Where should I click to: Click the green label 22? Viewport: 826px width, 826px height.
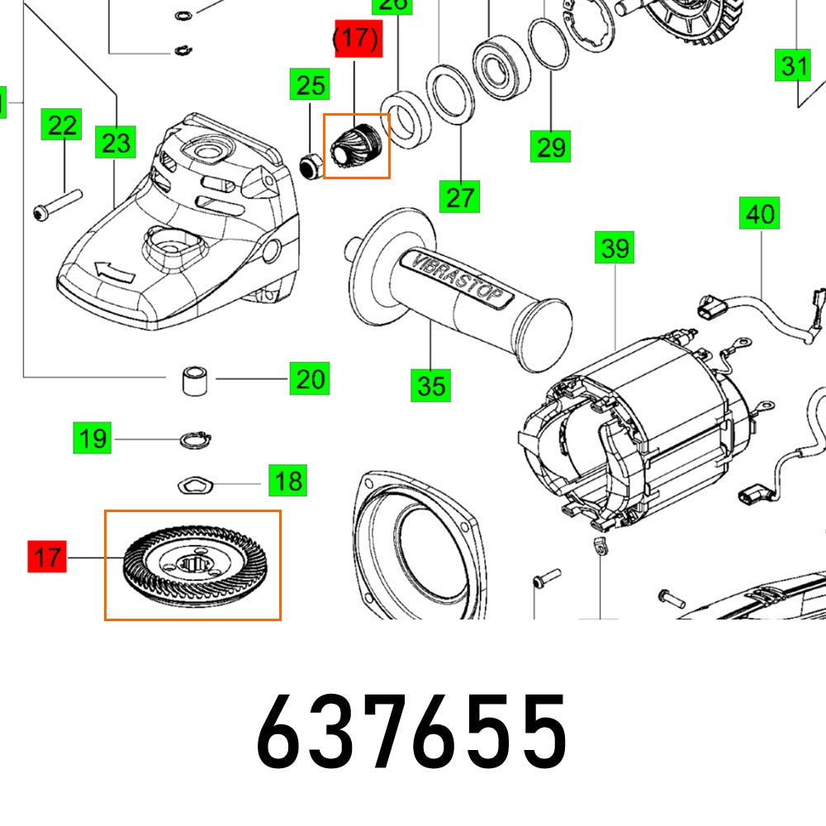63,126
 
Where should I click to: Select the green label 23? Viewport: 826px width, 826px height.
116,143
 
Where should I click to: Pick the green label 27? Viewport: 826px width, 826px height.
460,197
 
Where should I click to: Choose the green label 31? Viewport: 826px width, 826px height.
794,64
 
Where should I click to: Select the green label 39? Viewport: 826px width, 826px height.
615,247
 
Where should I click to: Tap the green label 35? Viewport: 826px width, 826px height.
431,385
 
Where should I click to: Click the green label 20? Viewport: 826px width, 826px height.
310,380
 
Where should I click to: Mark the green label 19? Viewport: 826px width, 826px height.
93,437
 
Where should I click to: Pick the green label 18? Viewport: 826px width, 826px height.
287,480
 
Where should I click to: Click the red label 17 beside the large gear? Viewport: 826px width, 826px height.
48,557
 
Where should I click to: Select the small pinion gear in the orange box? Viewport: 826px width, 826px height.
358,146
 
